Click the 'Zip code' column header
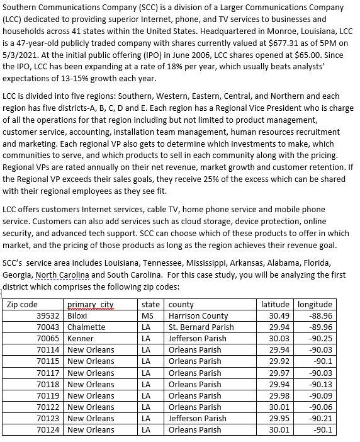coord(23,304)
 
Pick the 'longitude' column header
coord(315,304)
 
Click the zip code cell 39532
coord(47,315)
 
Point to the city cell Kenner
coord(80,338)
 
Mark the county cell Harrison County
coord(198,315)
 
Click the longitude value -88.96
coord(320,315)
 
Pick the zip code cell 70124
coord(47,430)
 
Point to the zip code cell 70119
coord(47,395)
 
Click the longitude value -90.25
coord(320,338)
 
